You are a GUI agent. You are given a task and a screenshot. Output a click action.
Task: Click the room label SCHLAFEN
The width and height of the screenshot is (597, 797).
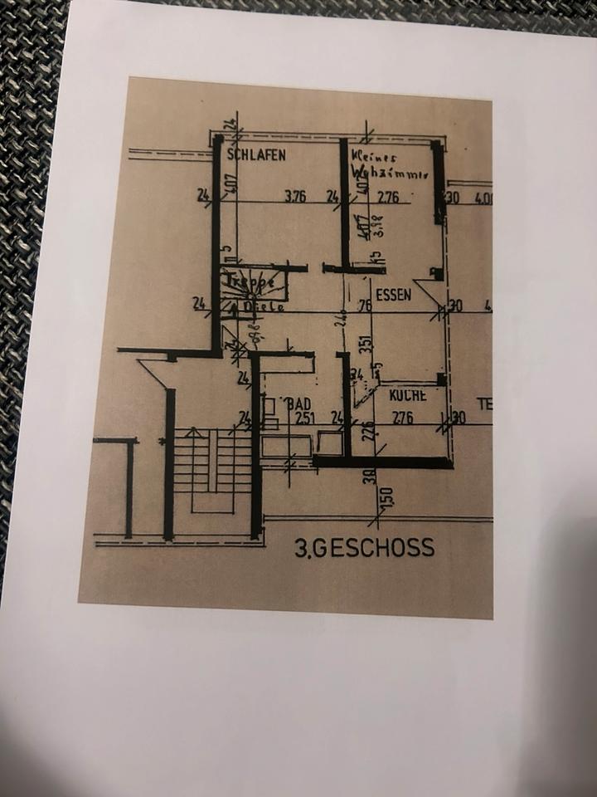(x=260, y=154)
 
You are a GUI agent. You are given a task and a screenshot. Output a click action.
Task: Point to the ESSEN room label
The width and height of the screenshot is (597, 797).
(x=393, y=294)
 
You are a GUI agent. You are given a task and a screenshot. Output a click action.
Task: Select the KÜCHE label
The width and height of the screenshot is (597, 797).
(x=408, y=396)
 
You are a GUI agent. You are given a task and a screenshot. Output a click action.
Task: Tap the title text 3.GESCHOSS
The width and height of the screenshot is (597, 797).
(x=364, y=547)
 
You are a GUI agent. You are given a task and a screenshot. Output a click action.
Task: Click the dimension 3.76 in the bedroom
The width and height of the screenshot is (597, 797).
(x=295, y=197)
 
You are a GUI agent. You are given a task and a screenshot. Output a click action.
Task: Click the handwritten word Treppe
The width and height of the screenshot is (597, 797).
(x=250, y=283)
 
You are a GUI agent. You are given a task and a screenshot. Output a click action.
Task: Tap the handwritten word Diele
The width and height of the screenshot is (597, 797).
(x=264, y=306)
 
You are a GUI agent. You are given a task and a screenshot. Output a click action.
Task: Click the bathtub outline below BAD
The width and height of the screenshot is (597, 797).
(x=286, y=447)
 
